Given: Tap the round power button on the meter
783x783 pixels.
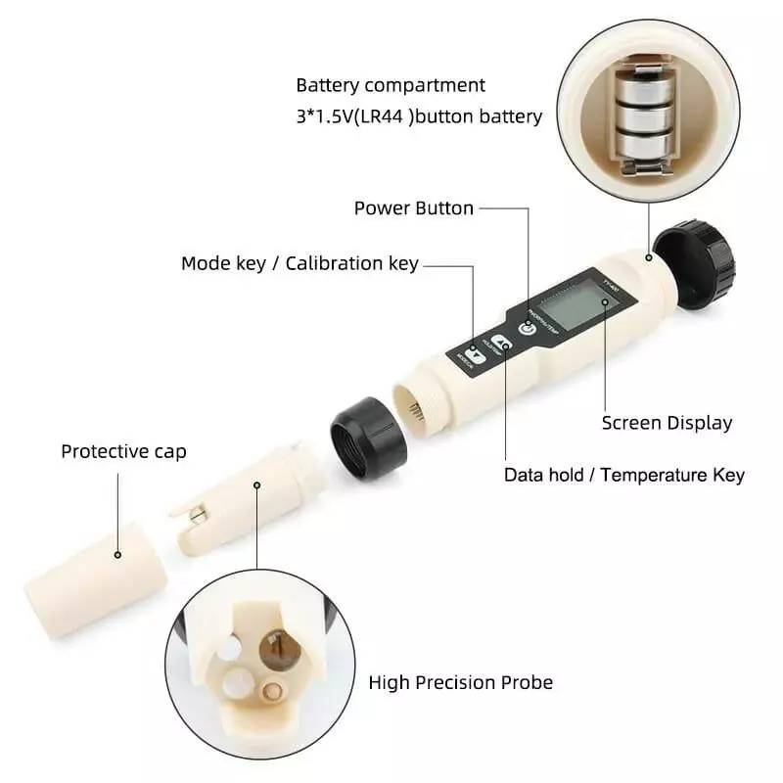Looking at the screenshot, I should coord(528,328).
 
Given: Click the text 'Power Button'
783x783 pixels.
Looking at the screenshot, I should coord(413,207).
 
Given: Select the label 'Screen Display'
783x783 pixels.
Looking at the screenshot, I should coord(667,423).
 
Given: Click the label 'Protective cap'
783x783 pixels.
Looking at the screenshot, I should coord(123,451).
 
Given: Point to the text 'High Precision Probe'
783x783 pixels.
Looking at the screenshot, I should coord(460,682).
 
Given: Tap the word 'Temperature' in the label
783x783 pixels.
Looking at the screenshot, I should coord(652,475).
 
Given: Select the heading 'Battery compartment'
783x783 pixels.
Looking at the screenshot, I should coord(391,85).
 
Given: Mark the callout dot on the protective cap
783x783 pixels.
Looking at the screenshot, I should coord(118,555).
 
